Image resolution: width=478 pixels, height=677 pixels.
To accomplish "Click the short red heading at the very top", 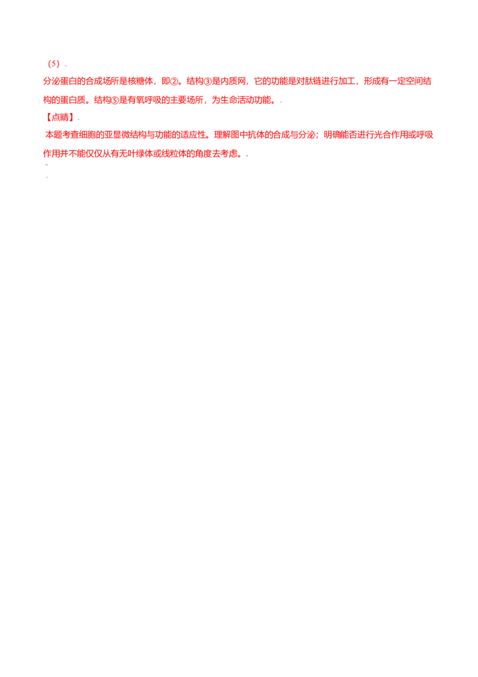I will (x=54, y=63).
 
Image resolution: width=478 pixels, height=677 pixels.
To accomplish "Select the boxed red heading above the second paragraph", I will (x=60, y=118).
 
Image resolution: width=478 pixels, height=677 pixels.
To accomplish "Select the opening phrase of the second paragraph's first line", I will (x=128, y=134).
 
